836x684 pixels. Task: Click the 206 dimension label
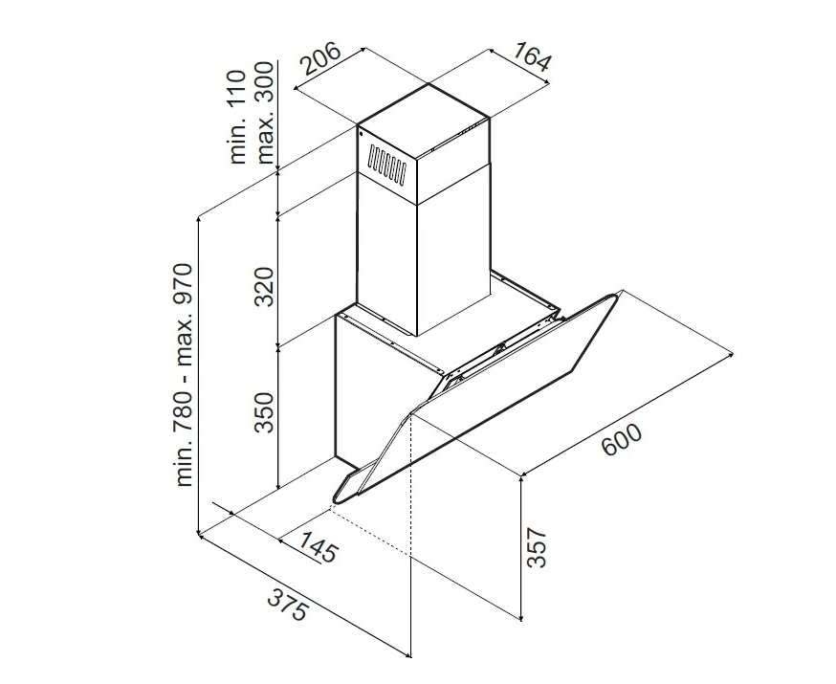pyautogui.click(x=321, y=57)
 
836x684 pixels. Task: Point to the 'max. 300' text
pyautogui.click(x=264, y=113)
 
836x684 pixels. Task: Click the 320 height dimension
pyautogui.click(x=264, y=287)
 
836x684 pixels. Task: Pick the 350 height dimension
pyautogui.click(x=264, y=412)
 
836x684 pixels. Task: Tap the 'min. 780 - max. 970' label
pyautogui.click(x=185, y=375)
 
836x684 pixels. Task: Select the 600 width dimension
pyautogui.click(x=622, y=440)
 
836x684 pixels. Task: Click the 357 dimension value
pyautogui.click(x=537, y=548)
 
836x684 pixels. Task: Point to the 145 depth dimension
pyautogui.click(x=318, y=546)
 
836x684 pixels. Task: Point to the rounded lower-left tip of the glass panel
pyautogui.click(x=336, y=499)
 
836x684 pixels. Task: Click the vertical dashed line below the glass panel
pyautogui.click(x=411, y=485)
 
